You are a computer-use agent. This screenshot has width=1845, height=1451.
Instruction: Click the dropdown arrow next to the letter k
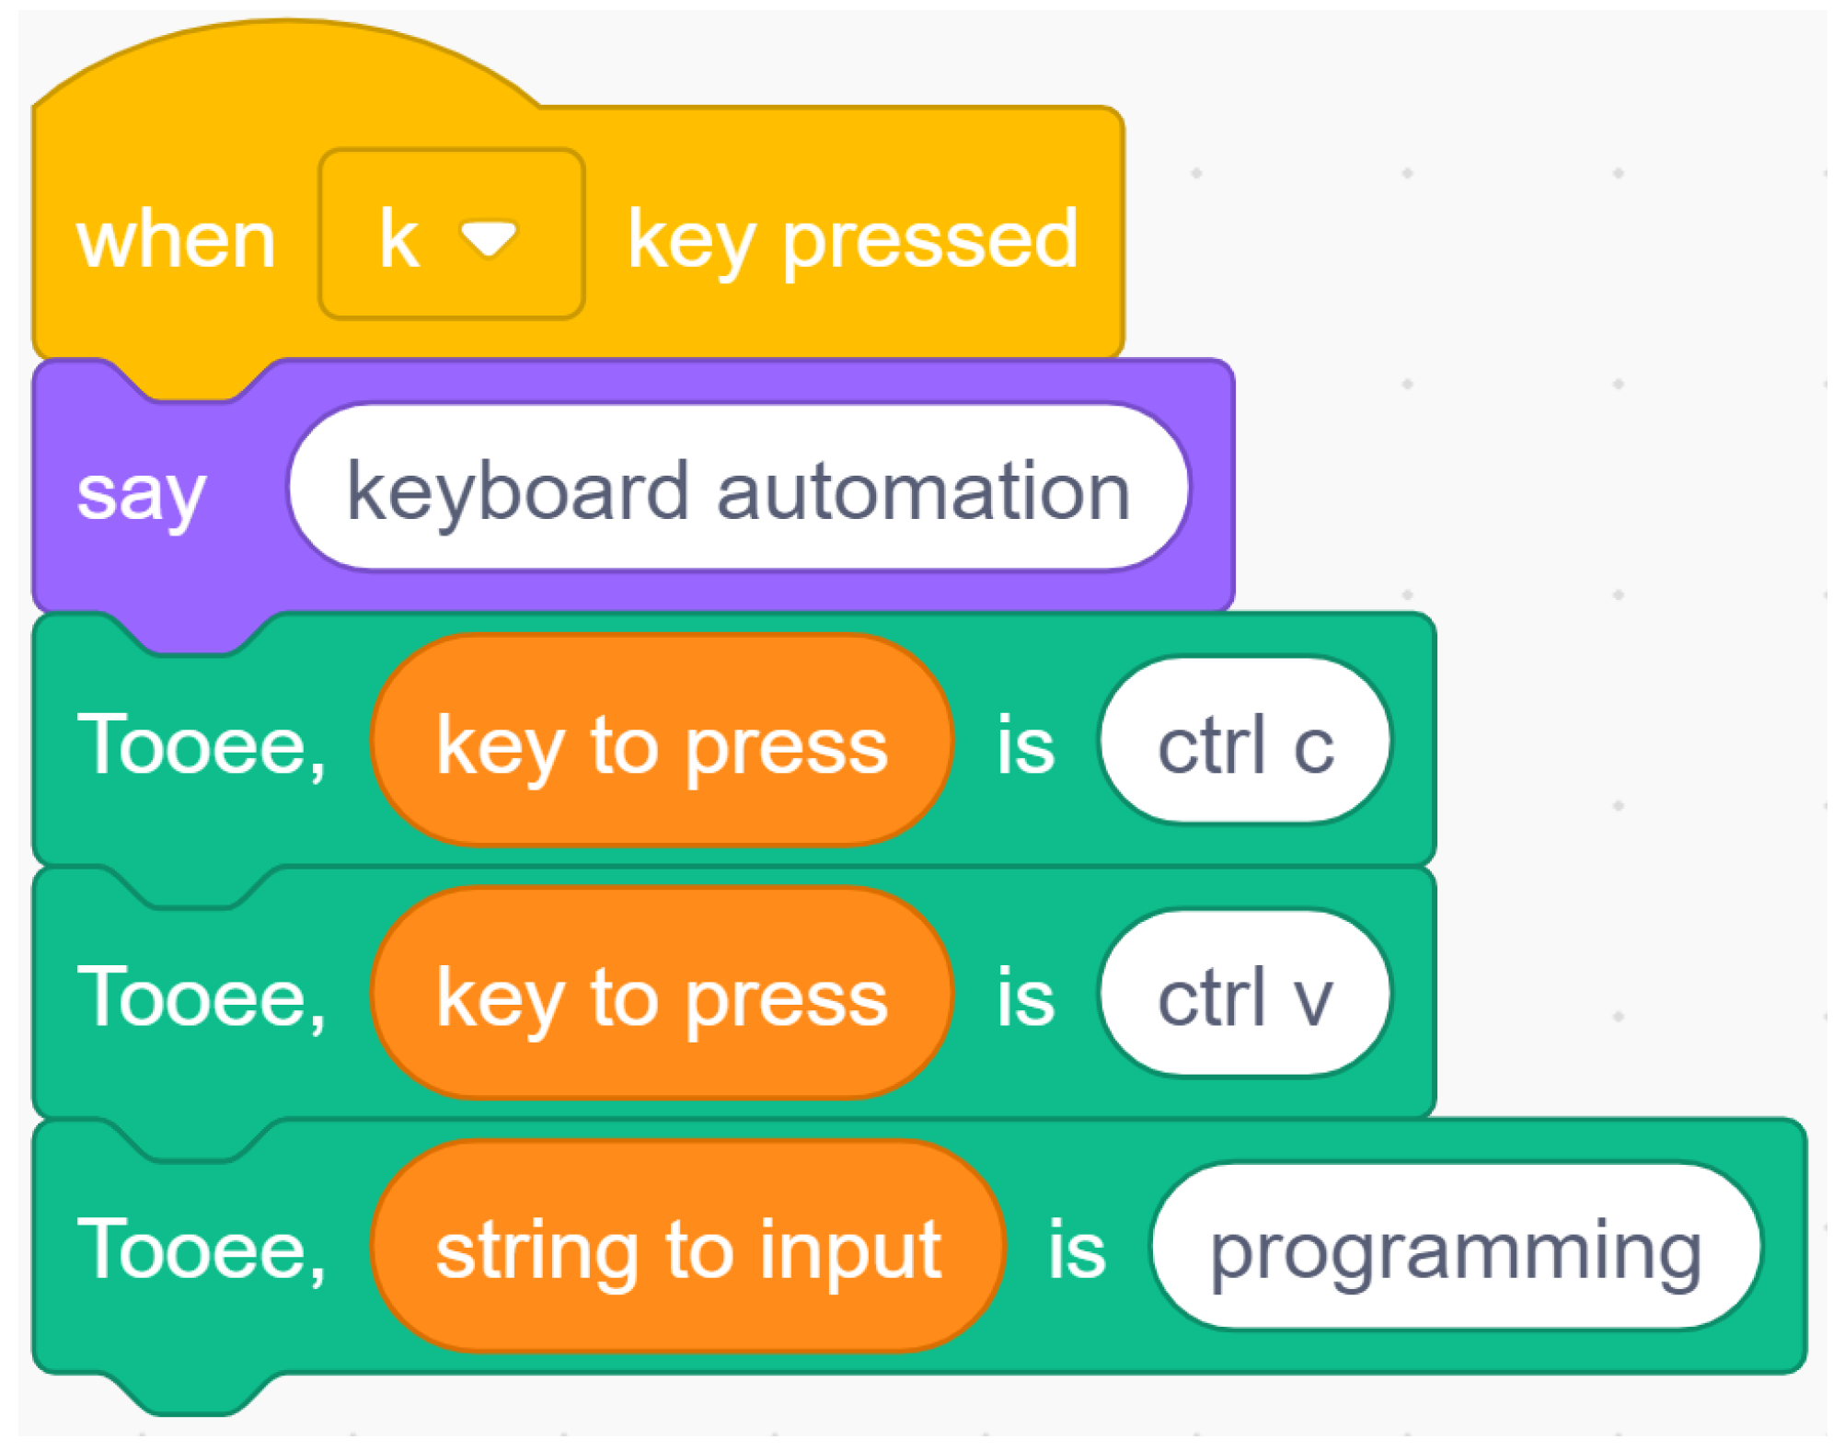point(489,238)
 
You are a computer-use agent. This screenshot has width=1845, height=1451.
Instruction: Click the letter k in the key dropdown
point(399,238)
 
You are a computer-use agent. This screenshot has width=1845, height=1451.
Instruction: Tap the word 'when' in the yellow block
point(176,240)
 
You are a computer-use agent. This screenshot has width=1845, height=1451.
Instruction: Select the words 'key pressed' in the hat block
point(852,240)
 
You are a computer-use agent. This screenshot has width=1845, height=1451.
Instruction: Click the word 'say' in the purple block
point(141,494)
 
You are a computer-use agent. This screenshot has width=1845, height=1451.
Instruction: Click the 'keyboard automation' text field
point(738,489)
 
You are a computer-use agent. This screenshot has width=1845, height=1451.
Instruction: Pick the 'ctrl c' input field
point(1245,743)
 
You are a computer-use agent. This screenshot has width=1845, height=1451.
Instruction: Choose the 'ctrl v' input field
point(1245,996)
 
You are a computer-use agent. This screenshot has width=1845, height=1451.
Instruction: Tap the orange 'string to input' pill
point(687,1249)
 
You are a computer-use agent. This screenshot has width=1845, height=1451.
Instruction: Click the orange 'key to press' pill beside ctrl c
point(662,743)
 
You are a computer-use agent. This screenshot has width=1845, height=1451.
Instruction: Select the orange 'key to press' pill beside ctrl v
point(662,996)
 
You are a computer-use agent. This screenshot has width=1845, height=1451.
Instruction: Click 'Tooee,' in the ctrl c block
point(202,744)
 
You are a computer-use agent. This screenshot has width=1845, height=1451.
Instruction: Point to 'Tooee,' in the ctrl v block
point(202,997)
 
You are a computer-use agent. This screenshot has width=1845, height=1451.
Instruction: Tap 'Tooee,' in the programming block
point(202,1250)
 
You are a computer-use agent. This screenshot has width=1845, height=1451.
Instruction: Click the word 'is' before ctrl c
point(1025,744)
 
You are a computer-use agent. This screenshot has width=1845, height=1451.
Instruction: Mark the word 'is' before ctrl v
point(1025,997)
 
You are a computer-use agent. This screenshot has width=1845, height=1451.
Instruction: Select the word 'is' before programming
point(1077,1250)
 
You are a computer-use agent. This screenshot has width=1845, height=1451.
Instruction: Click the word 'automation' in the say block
point(923,491)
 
